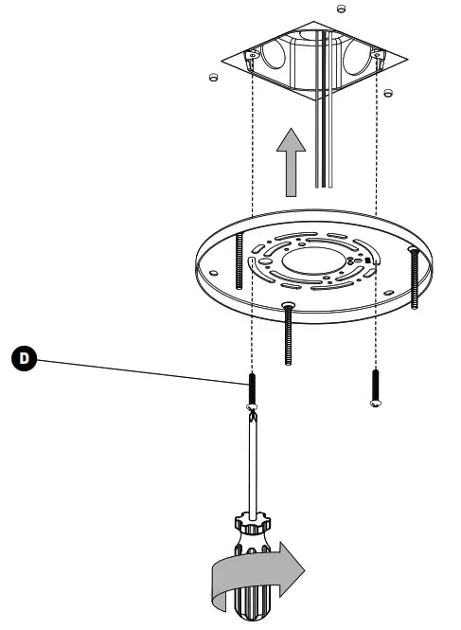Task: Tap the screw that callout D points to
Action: pyautogui.click(x=253, y=388)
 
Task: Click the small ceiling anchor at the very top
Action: pyautogui.click(x=341, y=8)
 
